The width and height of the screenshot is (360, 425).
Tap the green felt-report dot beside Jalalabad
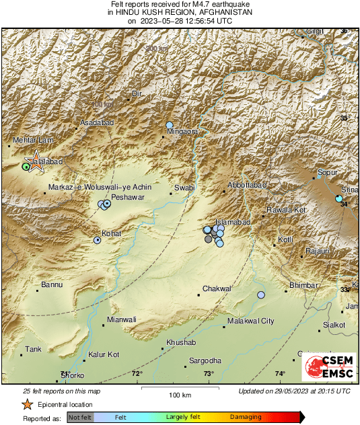pos(26,166)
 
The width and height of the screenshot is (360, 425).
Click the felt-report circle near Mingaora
pos(170,125)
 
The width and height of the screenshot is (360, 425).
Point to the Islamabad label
pos(232,222)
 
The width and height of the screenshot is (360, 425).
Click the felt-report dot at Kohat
pos(98,239)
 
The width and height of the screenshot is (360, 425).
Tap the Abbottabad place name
pos(248,184)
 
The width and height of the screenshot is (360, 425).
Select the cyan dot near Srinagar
pos(339,199)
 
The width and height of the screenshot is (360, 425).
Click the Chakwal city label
pos(217,288)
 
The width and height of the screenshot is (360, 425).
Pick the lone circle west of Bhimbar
pos(261,295)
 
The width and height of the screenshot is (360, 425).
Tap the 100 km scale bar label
pos(176,394)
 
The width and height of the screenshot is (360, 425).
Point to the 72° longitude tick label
pos(137,374)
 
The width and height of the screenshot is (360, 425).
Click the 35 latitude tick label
pos(345,118)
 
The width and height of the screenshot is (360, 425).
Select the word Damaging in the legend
pos(246,418)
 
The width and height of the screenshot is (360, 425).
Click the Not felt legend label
pos(80,418)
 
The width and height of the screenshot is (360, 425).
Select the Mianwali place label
pos(122,319)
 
